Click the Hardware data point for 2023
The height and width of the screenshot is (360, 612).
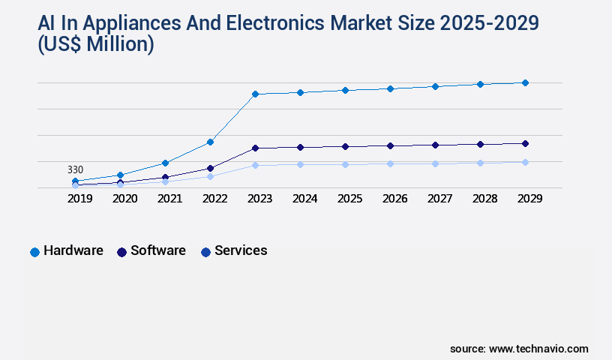pos(255,94)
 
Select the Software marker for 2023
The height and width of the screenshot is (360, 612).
pos(255,148)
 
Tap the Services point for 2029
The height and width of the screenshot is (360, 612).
pos(525,162)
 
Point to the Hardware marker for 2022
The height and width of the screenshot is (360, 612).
pos(210,142)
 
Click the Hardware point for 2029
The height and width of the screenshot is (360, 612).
pos(525,82)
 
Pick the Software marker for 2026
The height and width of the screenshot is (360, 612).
pos(390,145)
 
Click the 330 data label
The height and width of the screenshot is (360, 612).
pos(75,169)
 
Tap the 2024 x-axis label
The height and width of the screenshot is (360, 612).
pos(304,199)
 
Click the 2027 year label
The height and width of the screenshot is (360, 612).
pos(439,199)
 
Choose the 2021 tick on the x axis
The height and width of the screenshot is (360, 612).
pos(169,199)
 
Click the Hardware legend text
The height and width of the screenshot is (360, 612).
pos(73,250)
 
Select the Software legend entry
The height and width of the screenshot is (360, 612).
pos(157,250)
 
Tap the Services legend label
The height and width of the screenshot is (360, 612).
pos(241,250)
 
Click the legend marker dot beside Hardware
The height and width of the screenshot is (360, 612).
pos(34,252)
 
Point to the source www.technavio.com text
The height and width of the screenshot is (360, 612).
pos(519,349)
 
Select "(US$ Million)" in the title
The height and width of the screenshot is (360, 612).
pos(96,45)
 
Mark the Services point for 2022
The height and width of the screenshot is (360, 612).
pos(210,176)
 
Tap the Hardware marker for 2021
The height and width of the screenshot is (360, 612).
pos(165,163)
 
